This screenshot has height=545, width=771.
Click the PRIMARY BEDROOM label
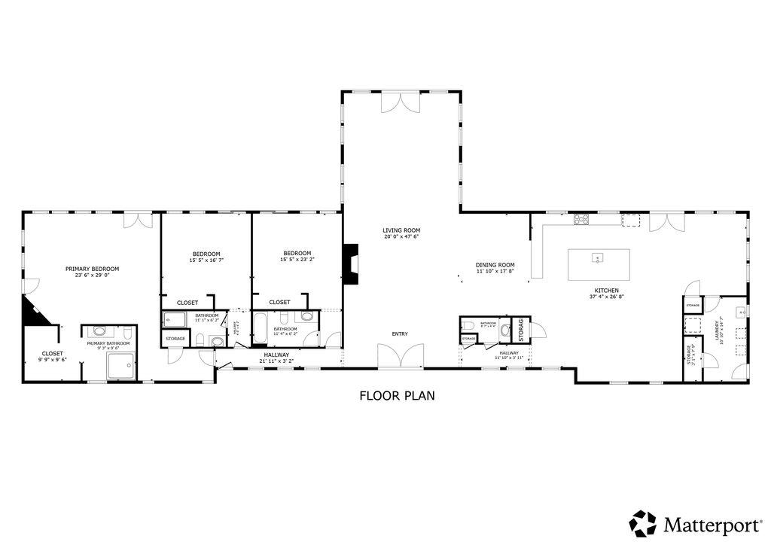point(92,269)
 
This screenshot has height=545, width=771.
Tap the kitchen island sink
point(597,258)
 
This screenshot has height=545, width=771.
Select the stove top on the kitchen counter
point(581,220)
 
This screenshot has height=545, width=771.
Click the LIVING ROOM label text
point(401,230)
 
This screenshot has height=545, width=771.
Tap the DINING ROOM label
point(495,265)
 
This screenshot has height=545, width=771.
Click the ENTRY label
point(400,333)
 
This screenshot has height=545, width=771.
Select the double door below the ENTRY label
point(400,357)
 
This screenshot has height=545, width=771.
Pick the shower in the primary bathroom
point(121,367)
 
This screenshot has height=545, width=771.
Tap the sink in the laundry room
point(742,310)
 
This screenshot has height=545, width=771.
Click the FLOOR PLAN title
point(397,395)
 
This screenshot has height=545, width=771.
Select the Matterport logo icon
point(643,522)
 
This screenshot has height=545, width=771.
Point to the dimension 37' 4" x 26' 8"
point(607,297)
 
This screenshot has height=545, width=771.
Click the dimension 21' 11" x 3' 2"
point(276,361)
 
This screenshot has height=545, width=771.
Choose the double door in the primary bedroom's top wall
point(139,220)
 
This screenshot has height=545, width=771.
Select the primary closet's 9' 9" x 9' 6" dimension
point(53,360)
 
